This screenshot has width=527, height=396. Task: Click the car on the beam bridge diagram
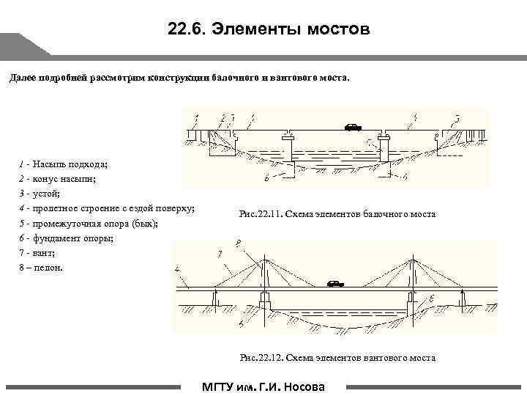(x=354, y=127)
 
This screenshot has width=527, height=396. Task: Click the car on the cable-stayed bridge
(x=335, y=283)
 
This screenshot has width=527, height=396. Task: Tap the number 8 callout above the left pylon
(x=238, y=242)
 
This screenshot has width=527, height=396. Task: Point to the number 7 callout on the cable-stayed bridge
(x=220, y=253)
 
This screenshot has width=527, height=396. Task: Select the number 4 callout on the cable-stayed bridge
(x=177, y=270)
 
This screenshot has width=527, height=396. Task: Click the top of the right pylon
(x=415, y=260)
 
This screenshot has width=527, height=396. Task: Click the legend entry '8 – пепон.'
(x=41, y=268)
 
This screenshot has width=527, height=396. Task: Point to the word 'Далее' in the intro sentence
(x=22, y=78)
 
